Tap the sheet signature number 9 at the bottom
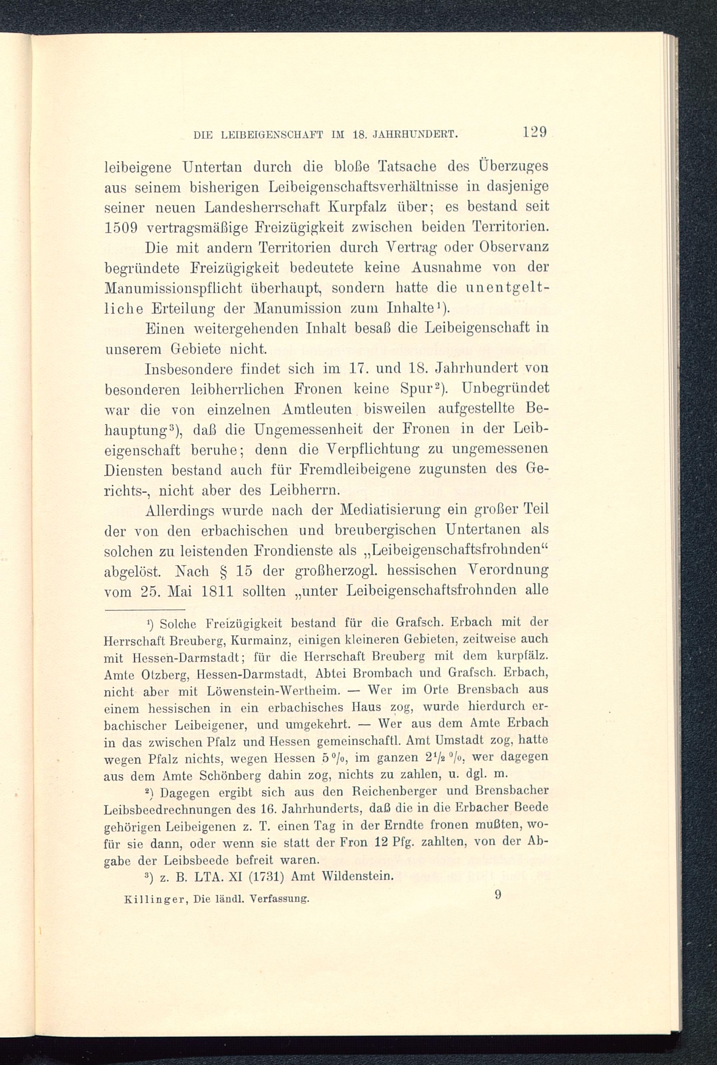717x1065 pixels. [x=498, y=894]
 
